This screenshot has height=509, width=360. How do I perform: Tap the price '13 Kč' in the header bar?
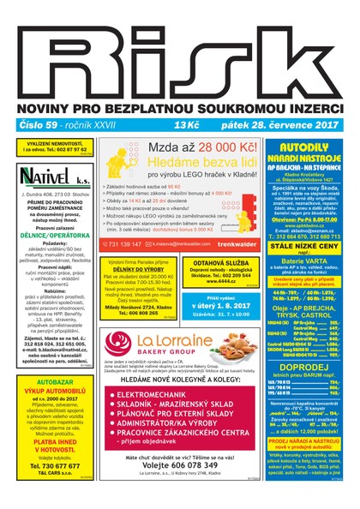[185, 125]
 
